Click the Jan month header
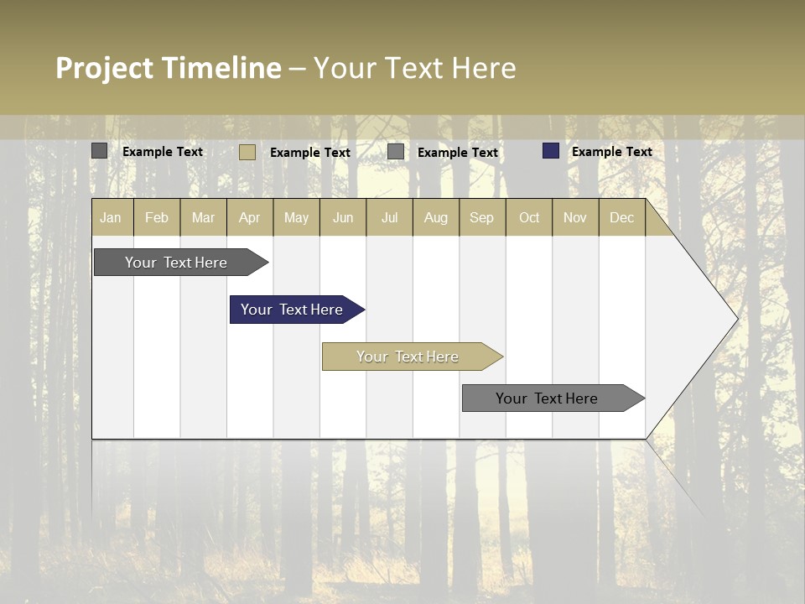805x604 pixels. tap(112, 217)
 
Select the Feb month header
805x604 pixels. tap(157, 217)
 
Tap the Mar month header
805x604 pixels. tap(203, 217)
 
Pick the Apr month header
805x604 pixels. tap(249, 217)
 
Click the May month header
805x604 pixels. tap(296, 217)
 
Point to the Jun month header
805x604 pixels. tap(343, 217)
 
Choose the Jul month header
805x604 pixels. tap(389, 217)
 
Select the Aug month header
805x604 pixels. tap(435, 217)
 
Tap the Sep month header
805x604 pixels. tap(481, 217)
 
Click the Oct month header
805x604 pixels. tap(529, 217)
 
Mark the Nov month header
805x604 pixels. tap(575, 217)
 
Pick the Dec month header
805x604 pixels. tap(621, 217)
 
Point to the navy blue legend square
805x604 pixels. tap(550, 151)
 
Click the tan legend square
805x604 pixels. tap(247, 152)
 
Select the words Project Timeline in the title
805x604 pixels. tap(169, 68)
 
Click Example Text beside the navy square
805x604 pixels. tap(611, 152)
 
